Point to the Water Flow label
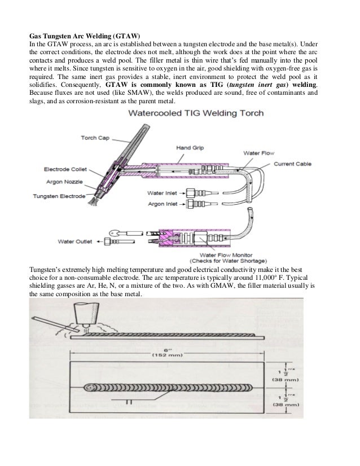257,153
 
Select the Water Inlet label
163,193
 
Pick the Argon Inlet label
163,203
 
